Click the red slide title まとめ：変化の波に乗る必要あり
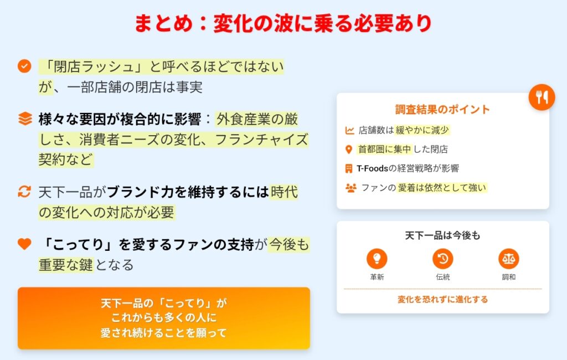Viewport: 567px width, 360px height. coord(283,23)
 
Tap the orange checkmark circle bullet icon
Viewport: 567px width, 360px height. coord(24,66)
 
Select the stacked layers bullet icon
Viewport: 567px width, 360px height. coord(25,119)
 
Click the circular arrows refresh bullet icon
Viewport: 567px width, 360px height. coord(24,192)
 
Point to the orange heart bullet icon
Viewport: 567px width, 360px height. coord(24,244)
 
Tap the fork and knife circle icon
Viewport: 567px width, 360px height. coord(542,97)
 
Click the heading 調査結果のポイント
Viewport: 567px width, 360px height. coord(442,109)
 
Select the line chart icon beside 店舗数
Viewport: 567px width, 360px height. coord(349,130)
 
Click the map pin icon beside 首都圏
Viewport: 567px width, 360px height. coord(349,149)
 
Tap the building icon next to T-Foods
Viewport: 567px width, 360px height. coord(349,168)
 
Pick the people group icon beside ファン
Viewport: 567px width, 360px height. coord(350,187)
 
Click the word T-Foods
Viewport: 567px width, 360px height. coord(372,168)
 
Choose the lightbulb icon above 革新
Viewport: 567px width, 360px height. coord(377,259)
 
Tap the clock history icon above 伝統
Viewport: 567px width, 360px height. coord(442,259)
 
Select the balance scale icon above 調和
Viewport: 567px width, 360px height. coord(508,259)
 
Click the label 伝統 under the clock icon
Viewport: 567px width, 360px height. coord(442,277)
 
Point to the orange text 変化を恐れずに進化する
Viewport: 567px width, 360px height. coord(442,300)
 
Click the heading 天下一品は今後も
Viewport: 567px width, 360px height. coord(442,235)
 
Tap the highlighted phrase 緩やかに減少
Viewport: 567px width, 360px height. coord(422,130)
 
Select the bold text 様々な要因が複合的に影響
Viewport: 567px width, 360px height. coord(120,119)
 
